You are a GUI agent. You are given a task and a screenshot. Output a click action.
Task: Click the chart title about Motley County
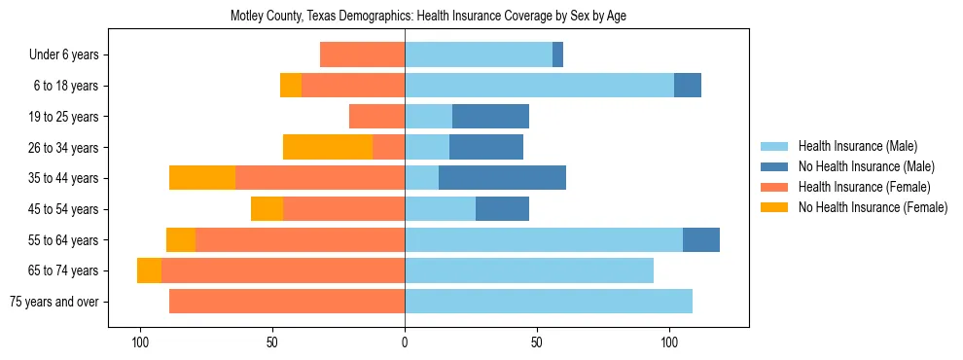click(x=428, y=17)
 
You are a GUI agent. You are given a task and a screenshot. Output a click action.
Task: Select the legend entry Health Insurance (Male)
click(x=855, y=146)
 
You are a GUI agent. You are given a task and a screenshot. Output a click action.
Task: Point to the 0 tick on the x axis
click(x=405, y=342)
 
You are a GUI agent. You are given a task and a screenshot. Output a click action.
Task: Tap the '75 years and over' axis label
click(x=53, y=302)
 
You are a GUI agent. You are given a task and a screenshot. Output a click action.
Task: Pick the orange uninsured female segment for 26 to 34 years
click(x=328, y=147)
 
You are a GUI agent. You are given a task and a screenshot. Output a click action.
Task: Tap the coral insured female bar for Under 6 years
click(x=362, y=55)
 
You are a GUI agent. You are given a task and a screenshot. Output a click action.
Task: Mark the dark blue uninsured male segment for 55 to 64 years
click(x=700, y=239)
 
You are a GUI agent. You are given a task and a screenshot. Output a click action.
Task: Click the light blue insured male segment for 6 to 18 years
click(x=539, y=86)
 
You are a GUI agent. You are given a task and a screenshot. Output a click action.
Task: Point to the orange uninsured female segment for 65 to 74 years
click(x=149, y=270)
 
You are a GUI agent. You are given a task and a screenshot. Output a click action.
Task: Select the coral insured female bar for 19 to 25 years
click(x=376, y=117)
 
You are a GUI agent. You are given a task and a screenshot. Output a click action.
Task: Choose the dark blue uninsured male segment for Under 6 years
click(x=557, y=55)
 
